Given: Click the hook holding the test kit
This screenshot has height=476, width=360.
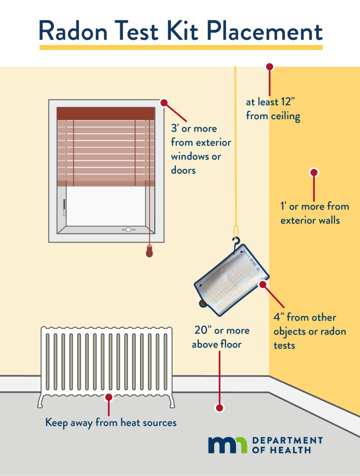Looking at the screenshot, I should click(x=237, y=243).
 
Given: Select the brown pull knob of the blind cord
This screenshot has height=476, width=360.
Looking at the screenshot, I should click(x=150, y=251).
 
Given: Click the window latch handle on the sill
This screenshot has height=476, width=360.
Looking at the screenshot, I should click(x=128, y=229).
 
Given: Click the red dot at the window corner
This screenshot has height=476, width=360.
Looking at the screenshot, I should click(x=164, y=103).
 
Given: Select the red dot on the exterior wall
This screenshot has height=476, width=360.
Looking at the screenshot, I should click(x=314, y=172).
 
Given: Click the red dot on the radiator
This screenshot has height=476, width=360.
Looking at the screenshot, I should click(x=109, y=398).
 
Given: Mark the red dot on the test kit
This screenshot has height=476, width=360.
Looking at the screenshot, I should click(x=263, y=284).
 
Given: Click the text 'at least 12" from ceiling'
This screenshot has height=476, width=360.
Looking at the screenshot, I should click(x=273, y=109).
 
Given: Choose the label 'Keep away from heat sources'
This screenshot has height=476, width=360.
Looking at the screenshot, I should click(x=111, y=423).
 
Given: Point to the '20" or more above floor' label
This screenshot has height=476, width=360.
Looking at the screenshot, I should click(x=221, y=337).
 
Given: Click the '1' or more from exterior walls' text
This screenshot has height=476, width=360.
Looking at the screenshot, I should click(x=314, y=213).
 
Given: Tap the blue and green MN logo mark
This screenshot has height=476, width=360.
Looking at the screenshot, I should click(x=228, y=445).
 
